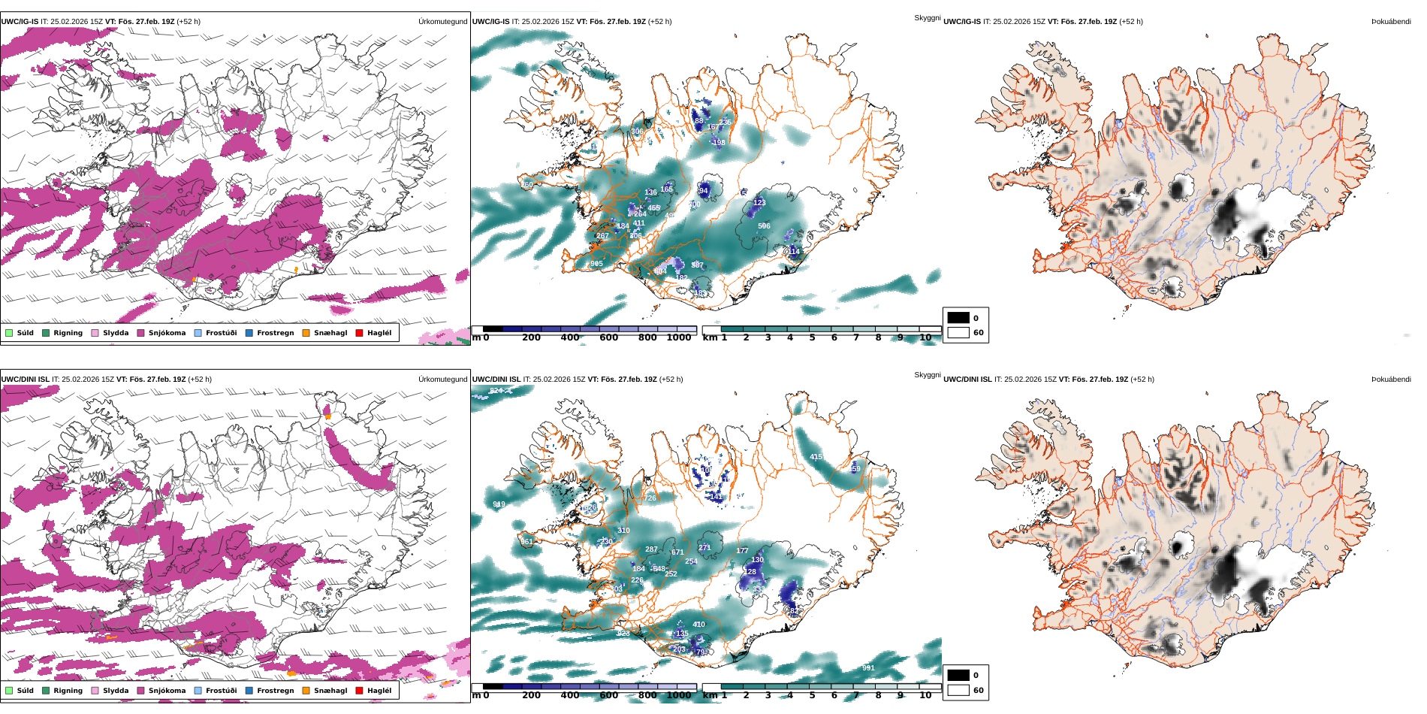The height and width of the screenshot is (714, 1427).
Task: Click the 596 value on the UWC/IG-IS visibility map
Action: (x=764, y=226)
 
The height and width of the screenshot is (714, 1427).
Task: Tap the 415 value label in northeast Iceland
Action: (x=816, y=457)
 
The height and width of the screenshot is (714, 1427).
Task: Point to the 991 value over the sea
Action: (x=868, y=668)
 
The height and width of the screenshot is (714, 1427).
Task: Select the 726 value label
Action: (x=650, y=498)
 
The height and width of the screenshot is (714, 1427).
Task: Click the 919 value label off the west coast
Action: (x=499, y=504)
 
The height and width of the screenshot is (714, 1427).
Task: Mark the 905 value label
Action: (x=596, y=264)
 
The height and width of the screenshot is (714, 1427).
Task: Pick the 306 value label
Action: (x=637, y=132)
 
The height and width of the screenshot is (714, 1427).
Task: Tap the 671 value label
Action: (x=677, y=552)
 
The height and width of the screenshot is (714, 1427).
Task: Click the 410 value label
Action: (x=698, y=625)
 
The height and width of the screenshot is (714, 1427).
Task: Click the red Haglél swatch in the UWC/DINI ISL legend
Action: (x=359, y=691)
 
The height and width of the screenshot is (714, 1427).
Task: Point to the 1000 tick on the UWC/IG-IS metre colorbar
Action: (x=679, y=337)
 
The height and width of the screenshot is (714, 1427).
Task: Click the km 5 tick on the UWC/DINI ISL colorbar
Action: (x=812, y=695)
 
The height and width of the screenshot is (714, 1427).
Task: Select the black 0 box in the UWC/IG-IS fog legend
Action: (x=958, y=318)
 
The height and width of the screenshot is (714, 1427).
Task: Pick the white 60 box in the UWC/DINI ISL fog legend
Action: (x=958, y=690)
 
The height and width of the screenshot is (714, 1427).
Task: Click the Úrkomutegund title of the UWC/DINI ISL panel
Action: (x=442, y=380)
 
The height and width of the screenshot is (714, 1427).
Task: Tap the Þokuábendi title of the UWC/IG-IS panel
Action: (x=1391, y=22)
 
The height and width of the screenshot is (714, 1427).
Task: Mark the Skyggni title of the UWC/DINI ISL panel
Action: (x=927, y=375)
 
